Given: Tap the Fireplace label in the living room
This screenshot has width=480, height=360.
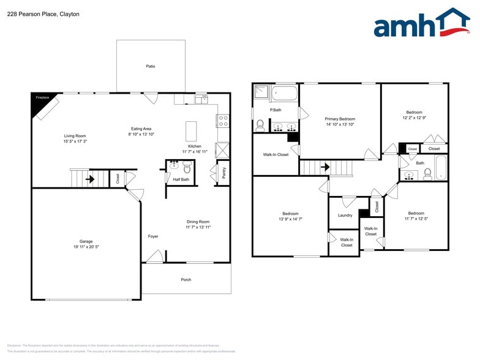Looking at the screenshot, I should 42,97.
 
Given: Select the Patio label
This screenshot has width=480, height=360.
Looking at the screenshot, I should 151,66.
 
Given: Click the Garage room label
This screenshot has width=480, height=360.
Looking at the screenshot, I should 86,241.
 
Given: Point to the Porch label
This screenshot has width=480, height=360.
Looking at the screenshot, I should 186,280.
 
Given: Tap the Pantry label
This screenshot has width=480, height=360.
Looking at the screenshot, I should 224,174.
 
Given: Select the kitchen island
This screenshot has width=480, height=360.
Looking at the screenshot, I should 192,131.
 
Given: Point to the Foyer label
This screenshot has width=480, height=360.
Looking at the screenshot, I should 153,236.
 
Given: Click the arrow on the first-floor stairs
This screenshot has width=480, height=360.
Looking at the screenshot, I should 90,179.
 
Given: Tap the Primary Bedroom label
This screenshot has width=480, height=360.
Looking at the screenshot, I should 340,119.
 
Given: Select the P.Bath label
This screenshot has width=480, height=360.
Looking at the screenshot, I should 276,110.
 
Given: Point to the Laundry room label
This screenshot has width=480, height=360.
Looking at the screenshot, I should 345,216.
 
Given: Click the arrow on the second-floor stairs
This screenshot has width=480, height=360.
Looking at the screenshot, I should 326,167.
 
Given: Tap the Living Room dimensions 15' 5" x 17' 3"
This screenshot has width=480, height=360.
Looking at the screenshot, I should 76,141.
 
